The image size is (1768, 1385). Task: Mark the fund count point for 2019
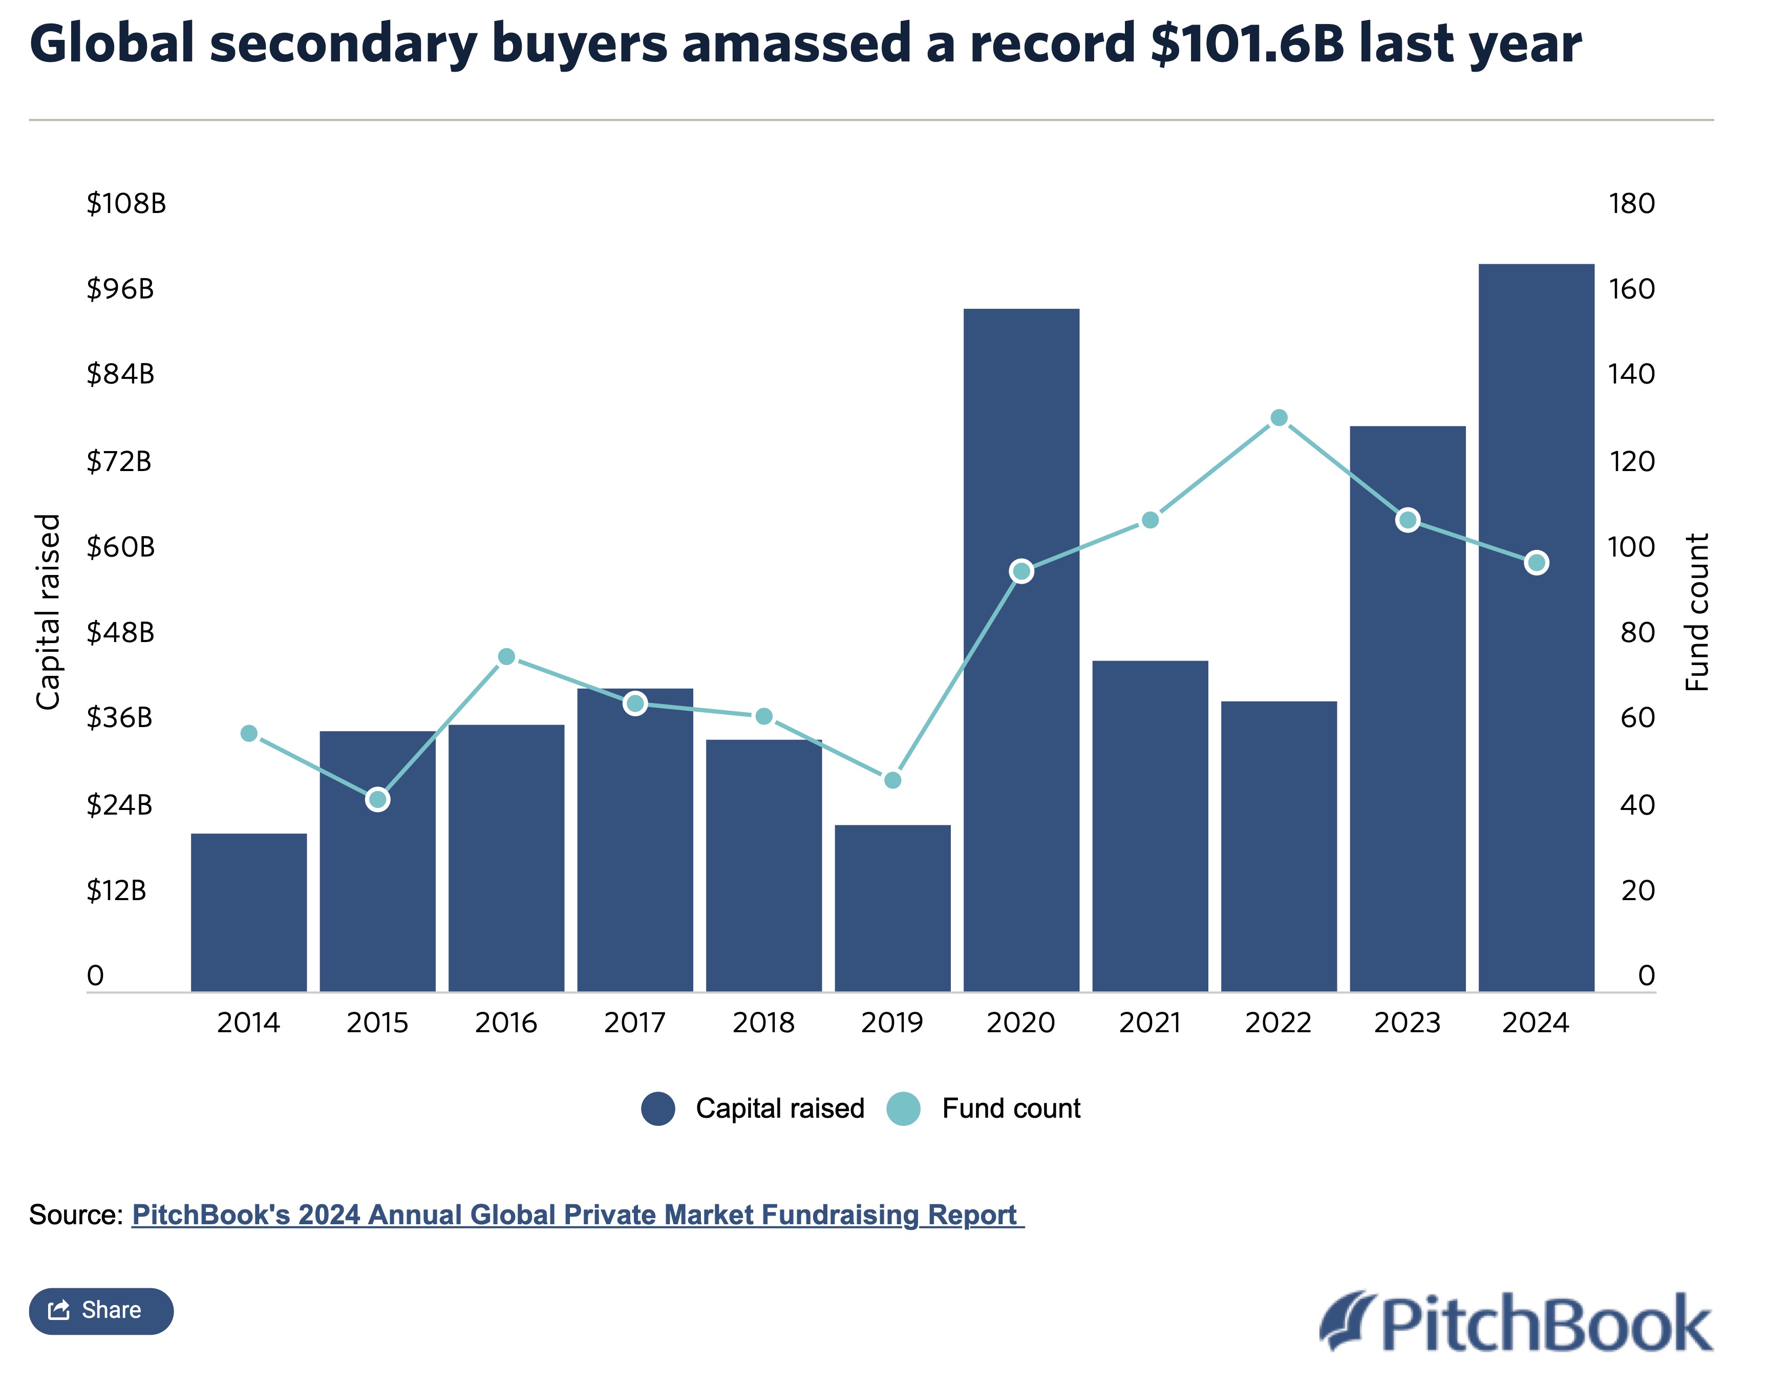(x=892, y=780)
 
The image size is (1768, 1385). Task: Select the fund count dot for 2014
(x=249, y=734)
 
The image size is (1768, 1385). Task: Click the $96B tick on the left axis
(x=120, y=289)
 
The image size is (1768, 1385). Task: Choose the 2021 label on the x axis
(x=1149, y=1024)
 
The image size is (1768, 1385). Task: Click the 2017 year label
(x=634, y=1024)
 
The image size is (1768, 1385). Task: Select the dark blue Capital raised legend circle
(x=658, y=1109)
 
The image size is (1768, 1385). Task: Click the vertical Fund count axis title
(x=1697, y=612)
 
